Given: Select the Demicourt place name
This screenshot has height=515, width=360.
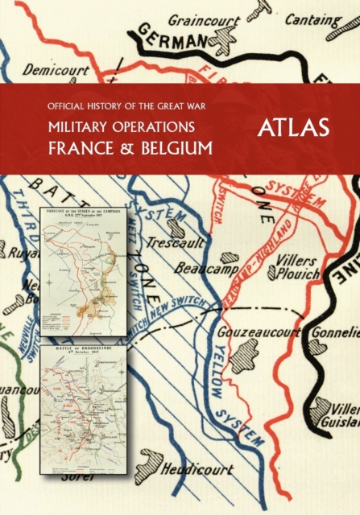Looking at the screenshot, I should point(56,69).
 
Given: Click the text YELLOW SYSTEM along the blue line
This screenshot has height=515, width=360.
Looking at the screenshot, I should point(234,386).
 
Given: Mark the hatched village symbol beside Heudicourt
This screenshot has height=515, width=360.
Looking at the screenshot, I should point(149,464).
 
